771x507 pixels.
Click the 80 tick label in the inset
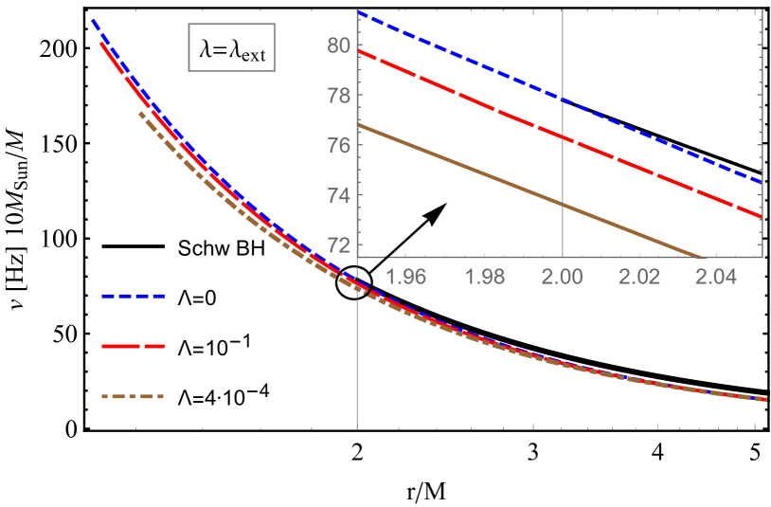[x=339, y=45]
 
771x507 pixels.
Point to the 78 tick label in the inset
[x=339, y=96]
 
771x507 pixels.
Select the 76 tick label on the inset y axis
[x=339, y=145]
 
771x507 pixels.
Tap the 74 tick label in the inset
[x=339, y=195]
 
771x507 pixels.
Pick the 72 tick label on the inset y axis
[x=339, y=244]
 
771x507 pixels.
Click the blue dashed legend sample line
[x=134, y=297]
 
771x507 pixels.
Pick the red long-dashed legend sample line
[x=134, y=347]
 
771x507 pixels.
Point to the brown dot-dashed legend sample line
[x=134, y=397]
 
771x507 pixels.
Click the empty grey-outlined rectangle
[x=232, y=47]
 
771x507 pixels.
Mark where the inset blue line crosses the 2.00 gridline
[x=563, y=100]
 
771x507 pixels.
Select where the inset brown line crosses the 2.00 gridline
[x=563, y=204]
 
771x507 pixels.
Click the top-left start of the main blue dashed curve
[x=92, y=19]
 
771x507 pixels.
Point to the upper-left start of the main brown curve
[x=139, y=112]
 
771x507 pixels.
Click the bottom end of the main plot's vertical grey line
[x=357, y=429]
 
